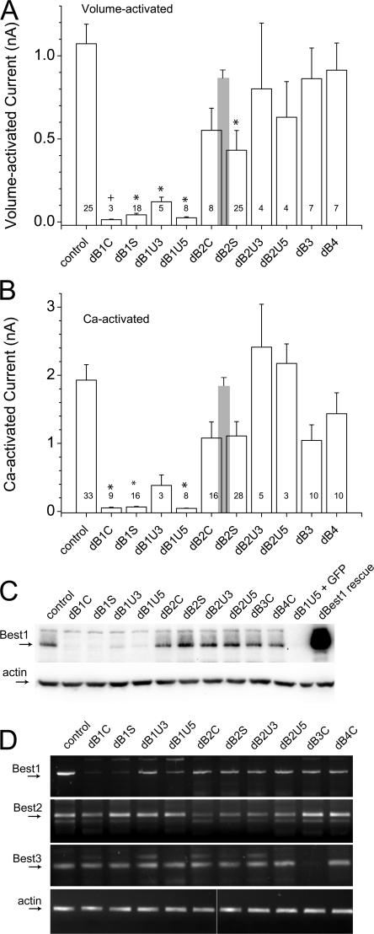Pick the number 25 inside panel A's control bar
point(85,208)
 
